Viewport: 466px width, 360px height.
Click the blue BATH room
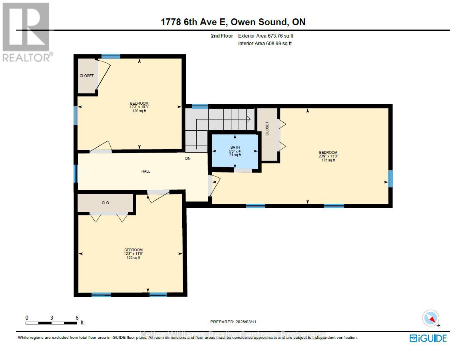235,152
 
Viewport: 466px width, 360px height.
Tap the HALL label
146,171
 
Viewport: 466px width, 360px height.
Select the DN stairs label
188,159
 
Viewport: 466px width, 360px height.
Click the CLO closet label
105,203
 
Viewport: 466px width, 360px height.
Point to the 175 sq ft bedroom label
328,156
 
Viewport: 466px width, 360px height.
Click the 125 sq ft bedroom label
133,254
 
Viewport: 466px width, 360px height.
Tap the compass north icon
431,318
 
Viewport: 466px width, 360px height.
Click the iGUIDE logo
428,338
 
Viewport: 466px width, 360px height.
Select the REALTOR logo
27,32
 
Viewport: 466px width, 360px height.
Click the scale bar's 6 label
77,318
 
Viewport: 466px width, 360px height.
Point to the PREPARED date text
236,322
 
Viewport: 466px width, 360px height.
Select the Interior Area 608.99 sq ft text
265,44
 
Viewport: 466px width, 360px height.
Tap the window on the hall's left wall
76,173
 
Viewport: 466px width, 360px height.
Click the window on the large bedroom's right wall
390,179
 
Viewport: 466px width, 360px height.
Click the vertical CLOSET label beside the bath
267,128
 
